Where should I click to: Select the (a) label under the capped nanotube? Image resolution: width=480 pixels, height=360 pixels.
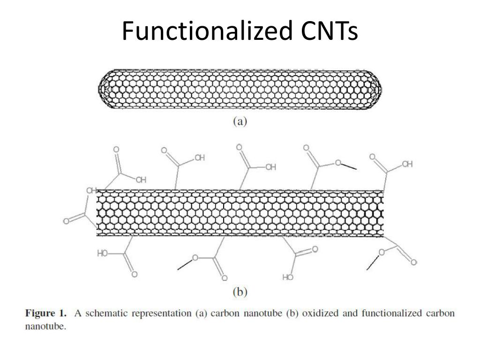[x=240, y=121]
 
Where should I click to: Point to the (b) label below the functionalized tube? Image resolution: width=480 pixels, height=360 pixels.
[x=240, y=292]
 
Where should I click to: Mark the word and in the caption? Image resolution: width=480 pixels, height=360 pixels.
[x=350, y=313]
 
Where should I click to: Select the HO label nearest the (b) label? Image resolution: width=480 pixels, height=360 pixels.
[x=288, y=277]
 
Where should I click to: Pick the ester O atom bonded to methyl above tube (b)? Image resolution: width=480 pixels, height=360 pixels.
[x=337, y=163]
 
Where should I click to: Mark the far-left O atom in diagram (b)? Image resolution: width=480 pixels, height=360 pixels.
[x=66, y=221]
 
